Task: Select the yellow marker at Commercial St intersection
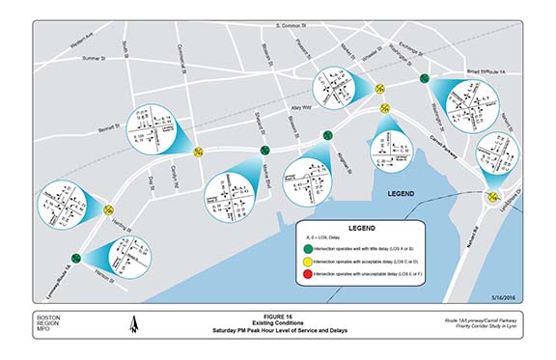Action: (198, 151)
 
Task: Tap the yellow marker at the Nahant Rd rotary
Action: (491, 199)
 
